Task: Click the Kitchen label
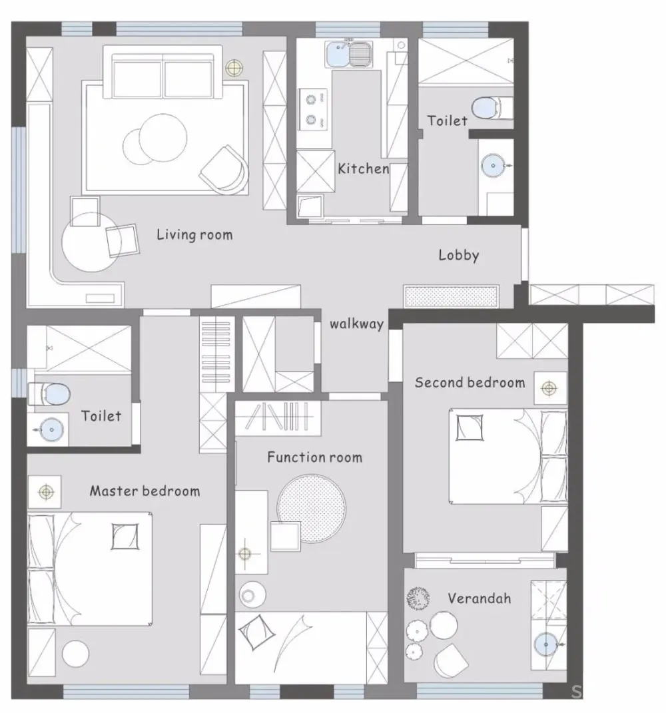(363, 168)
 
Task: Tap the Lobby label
(459, 255)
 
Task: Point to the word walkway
(357, 324)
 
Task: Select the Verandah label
(479, 598)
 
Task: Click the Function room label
(314, 457)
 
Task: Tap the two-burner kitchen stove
(312, 110)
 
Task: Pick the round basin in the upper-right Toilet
(493, 166)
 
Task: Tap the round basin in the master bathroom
(51, 429)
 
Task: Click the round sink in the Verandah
(545, 645)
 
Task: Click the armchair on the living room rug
(224, 170)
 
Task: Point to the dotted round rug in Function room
(311, 509)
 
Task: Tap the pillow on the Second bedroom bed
(470, 427)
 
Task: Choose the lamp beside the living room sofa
(234, 68)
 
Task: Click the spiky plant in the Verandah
(418, 598)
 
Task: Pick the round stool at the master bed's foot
(75, 654)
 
